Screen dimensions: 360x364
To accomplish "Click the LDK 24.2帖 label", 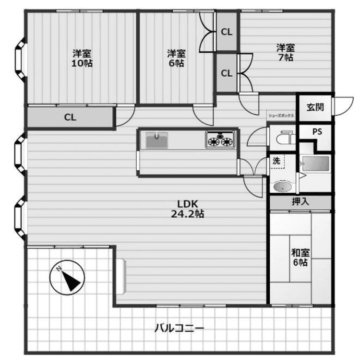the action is pos(187,209).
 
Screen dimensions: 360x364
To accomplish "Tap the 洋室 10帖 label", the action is pos(82,58).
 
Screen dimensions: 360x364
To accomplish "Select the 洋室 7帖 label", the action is pos(286,53).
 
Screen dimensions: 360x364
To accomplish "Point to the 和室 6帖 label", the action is pos(300,257).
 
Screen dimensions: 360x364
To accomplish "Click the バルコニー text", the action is pos(179,328).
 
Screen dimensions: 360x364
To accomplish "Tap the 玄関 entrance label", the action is pos(315,107).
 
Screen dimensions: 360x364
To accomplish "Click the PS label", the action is pos(317,132).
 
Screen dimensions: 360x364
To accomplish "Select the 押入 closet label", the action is pos(300,201).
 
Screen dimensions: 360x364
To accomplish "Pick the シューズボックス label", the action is pos(281,116).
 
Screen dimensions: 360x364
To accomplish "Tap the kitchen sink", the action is pos(156,140).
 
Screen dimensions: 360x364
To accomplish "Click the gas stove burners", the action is pos(220,140).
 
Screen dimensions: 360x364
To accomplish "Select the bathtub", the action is pos(316,164).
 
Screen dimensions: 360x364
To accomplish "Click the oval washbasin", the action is pos(282,187).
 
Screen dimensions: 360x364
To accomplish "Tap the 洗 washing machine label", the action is pos(276,161).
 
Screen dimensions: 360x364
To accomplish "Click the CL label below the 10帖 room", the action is pos(70,117).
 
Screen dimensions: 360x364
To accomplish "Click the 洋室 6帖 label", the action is pos(176,58).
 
